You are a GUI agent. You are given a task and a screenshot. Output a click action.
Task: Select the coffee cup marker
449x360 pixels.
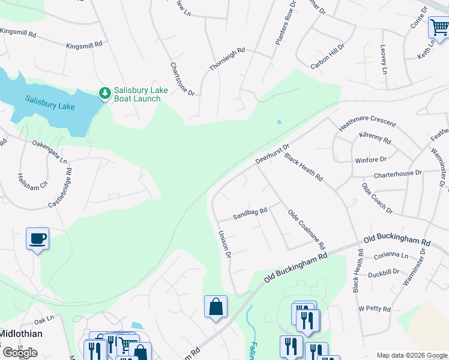[37, 239]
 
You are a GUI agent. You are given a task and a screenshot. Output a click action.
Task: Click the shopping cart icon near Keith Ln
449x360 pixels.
[439, 27]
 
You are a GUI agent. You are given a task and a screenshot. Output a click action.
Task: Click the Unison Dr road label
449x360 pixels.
[224, 245]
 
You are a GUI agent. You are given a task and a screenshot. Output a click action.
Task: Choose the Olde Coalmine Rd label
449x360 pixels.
[306, 230]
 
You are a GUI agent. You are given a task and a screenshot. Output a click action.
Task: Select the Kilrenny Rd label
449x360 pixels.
[375, 139]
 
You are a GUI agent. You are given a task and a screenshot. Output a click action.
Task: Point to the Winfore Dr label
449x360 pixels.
[371, 160]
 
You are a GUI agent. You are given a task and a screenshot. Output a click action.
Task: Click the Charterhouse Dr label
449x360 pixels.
[398, 174]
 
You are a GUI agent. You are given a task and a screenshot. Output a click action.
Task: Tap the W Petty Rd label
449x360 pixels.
[375, 308]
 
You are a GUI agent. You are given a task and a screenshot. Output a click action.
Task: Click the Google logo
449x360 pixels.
[20, 352]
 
